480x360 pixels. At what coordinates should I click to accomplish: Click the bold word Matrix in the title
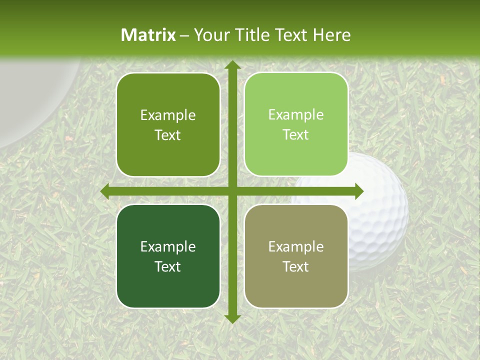click(x=148, y=35)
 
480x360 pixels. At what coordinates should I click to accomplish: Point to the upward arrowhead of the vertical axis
click(x=232, y=65)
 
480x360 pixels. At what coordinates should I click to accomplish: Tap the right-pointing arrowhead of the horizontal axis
click(x=358, y=191)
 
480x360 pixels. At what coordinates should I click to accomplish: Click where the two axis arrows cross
click(x=232, y=191)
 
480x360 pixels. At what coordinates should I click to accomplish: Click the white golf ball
click(x=380, y=210)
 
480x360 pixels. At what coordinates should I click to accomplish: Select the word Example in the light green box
click(x=296, y=115)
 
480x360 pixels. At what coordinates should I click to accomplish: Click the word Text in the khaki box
click(x=296, y=267)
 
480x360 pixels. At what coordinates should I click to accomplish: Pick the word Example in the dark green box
click(x=168, y=246)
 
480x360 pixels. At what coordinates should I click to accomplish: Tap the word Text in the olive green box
click(x=168, y=135)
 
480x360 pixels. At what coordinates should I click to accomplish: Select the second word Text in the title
click(x=292, y=35)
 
